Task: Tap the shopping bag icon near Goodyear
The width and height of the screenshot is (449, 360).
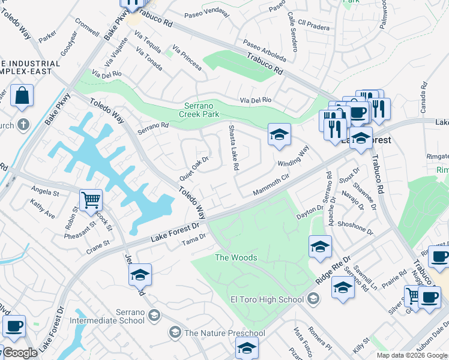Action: (x=22, y=96)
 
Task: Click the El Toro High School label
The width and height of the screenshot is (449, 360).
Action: (x=267, y=299)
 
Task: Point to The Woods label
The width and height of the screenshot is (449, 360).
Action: (x=236, y=257)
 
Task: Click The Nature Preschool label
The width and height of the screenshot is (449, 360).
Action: (x=224, y=333)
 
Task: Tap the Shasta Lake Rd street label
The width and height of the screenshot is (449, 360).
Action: (x=233, y=147)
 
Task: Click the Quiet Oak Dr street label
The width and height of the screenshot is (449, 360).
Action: (x=194, y=170)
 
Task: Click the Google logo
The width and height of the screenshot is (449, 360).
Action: (x=20, y=353)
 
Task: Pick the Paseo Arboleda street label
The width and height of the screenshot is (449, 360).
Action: (x=264, y=51)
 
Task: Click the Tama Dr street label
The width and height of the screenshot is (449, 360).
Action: (x=194, y=239)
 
